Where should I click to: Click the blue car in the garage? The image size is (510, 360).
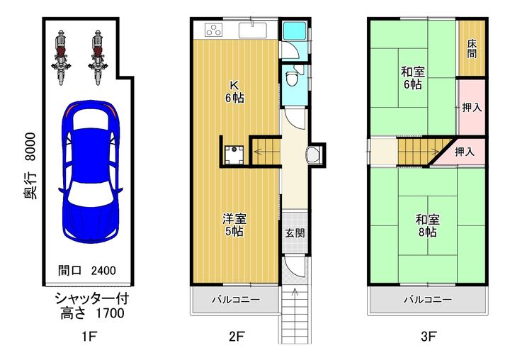point(91,171)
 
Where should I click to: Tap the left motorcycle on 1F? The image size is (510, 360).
point(61,57)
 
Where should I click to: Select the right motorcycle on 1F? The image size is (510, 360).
point(98,57)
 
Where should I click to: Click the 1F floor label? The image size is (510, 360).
point(89,336)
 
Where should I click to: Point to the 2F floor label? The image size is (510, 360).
point(236,336)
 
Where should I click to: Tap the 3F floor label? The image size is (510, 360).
point(428,336)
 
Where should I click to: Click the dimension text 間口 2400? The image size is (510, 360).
point(87,271)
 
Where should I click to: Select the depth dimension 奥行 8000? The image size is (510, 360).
point(30,166)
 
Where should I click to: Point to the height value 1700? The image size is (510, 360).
point(110,313)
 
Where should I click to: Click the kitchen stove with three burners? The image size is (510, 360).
point(214,30)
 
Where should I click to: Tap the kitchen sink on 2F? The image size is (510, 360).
point(253,30)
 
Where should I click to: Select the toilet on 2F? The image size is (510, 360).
point(291,77)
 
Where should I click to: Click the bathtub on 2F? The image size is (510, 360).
point(294,31)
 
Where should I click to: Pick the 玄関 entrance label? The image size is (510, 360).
point(295,233)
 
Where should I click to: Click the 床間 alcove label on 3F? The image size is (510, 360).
point(472,49)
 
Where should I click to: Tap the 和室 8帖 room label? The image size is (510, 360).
point(428,225)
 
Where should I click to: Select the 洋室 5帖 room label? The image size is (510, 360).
point(234,225)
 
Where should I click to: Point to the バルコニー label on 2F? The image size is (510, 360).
point(236,300)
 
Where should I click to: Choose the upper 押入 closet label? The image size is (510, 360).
point(472,108)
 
